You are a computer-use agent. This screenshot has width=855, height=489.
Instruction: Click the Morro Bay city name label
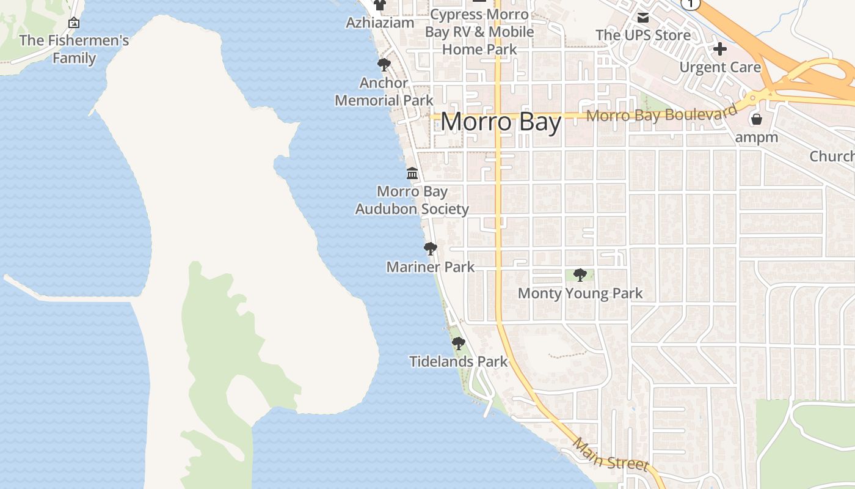click(501, 122)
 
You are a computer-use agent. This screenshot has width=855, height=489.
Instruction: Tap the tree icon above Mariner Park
click(430, 249)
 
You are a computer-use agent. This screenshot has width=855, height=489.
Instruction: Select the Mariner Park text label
click(431, 267)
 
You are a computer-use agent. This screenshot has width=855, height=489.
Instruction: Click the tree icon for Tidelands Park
click(458, 344)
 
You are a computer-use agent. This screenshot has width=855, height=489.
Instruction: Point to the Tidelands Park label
click(458, 362)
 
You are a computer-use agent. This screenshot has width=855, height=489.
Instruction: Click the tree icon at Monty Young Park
click(580, 275)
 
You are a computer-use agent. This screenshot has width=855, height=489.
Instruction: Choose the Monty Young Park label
click(580, 293)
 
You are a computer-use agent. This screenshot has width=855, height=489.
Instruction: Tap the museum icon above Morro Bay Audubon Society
click(412, 174)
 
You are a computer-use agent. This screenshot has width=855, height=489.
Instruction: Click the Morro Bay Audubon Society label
click(412, 200)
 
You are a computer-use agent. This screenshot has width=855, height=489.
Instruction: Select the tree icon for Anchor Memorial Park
click(384, 65)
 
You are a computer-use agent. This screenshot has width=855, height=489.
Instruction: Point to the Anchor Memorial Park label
click(384, 92)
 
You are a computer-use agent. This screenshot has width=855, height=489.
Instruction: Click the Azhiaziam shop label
click(380, 23)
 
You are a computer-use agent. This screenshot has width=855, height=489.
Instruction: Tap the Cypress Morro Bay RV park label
click(479, 32)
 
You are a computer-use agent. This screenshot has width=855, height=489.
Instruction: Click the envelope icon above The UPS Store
click(643, 18)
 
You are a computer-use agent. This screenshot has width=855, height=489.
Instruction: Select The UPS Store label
click(643, 35)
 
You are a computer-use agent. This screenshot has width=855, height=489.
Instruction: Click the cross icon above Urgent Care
click(720, 49)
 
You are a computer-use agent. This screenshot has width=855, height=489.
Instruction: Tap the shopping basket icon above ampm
click(757, 119)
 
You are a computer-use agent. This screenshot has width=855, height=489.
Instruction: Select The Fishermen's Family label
click(74, 50)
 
